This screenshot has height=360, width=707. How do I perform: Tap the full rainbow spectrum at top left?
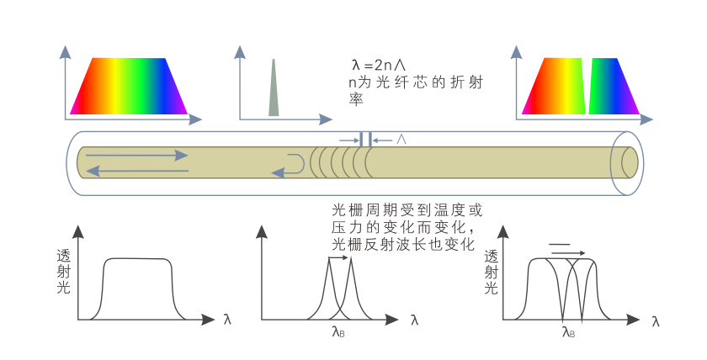[x=129, y=86]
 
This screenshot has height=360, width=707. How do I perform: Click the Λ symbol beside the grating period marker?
[x=401, y=139]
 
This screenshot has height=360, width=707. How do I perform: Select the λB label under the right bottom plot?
[x=568, y=331]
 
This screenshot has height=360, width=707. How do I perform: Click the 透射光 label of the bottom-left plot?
[x=63, y=271]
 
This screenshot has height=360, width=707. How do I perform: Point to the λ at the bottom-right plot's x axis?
[x=656, y=320]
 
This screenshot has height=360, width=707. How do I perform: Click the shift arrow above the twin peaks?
[x=338, y=260]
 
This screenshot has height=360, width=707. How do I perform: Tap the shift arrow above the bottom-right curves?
[x=566, y=248]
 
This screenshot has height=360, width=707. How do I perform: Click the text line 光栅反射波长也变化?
[x=404, y=244]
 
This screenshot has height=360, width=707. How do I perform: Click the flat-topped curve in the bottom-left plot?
[x=137, y=259]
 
